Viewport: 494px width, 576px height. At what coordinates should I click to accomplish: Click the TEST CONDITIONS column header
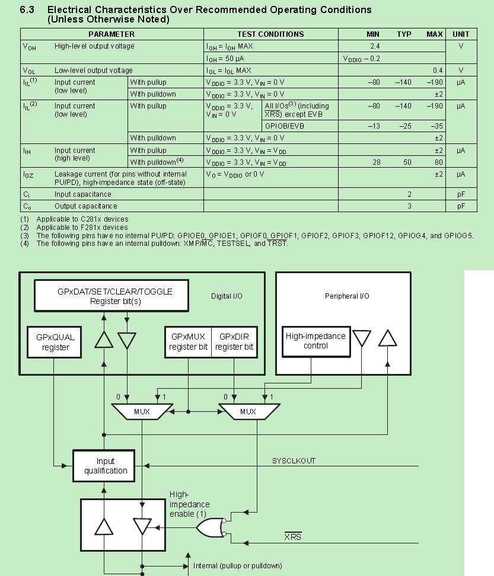click(270, 34)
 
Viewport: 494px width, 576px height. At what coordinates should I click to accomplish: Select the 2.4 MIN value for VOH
click(374, 46)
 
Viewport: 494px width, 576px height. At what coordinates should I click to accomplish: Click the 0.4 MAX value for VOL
click(437, 70)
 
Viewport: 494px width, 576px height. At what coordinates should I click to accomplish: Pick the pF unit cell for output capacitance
click(461, 206)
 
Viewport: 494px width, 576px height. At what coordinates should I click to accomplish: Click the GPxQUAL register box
click(56, 342)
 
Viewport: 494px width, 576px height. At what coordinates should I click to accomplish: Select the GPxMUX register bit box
click(187, 342)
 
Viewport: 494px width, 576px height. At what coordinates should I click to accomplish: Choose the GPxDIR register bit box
click(234, 342)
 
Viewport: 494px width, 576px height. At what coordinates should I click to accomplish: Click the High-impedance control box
click(315, 341)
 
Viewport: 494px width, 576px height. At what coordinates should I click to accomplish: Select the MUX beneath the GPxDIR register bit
click(248, 411)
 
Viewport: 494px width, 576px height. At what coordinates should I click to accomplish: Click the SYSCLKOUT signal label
click(294, 460)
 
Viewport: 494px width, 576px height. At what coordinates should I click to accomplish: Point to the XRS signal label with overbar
click(292, 537)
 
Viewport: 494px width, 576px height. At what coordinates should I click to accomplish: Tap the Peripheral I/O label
click(347, 296)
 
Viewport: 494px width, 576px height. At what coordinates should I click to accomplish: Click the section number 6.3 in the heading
click(27, 10)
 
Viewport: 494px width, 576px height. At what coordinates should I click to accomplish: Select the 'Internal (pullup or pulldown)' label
click(238, 565)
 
